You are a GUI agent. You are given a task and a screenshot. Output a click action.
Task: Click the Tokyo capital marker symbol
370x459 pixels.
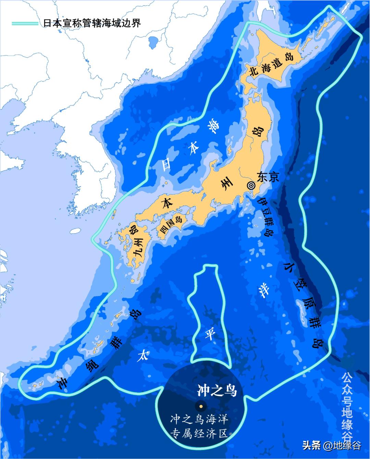pos(251,185)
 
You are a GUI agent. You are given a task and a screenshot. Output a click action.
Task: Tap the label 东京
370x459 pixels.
pos(268,177)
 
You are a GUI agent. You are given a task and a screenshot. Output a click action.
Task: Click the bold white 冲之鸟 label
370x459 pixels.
pos(217,390)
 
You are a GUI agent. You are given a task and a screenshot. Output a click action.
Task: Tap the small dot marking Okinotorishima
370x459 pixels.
pos(201,406)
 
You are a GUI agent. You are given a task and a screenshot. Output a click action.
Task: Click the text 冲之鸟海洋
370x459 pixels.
pos(199,419)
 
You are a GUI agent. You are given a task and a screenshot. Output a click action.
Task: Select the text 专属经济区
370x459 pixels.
pos(199,433)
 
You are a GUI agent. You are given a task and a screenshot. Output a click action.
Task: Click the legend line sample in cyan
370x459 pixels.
pos(25,23)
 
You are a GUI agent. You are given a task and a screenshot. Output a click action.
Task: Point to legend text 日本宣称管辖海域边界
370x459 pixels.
pos(92,23)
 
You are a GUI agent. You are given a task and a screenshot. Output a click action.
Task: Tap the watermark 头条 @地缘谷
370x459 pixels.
pos(331,446)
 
